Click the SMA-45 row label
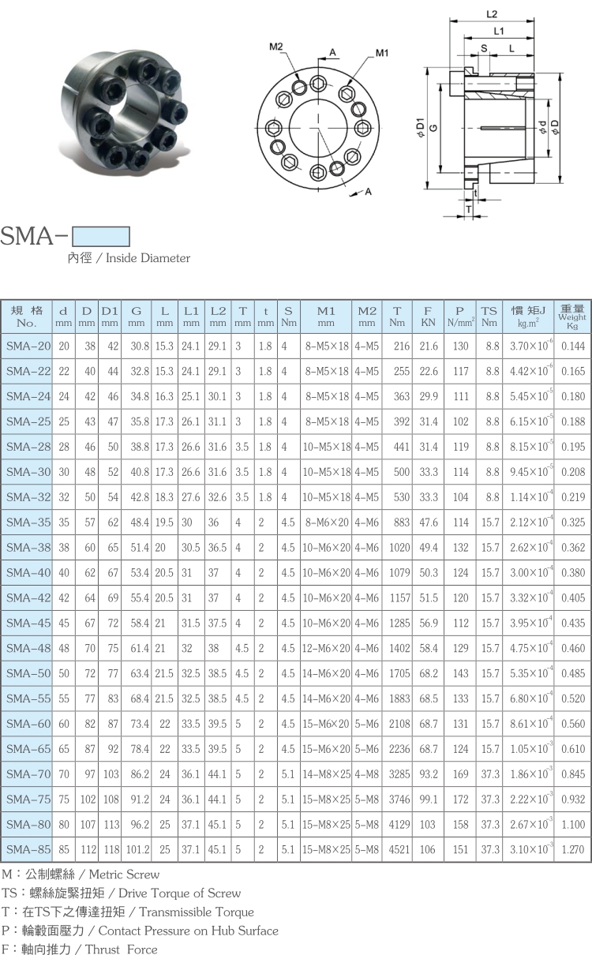click(x=28, y=623)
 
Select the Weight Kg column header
click(x=572, y=316)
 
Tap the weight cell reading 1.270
click(x=573, y=849)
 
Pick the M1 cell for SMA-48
click(x=326, y=648)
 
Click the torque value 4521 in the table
click(x=399, y=849)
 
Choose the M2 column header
click(x=367, y=316)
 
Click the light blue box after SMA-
click(x=101, y=236)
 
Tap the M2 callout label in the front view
click(x=276, y=47)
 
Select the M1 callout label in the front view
click(x=382, y=53)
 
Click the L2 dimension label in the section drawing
click(x=492, y=14)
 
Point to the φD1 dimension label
click(x=421, y=127)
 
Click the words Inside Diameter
click(x=148, y=258)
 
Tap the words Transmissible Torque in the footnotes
click(x=197, y=912)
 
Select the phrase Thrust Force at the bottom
click(x=121, y=949)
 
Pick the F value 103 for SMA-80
click(x=427, y=824)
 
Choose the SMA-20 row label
click(x=28, y=346)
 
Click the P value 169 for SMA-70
click(x=460, y=773)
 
